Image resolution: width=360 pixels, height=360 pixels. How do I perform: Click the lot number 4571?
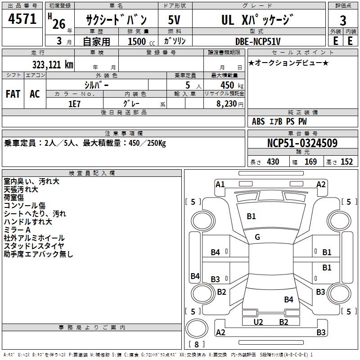pos(22,19)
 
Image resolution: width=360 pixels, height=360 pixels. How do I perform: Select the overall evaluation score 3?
pos(343,20)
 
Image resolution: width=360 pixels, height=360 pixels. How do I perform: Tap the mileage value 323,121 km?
pos(53,64)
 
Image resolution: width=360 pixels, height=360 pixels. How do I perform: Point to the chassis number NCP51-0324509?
pos(302,144)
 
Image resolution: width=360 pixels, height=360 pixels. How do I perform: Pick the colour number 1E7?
pos(74,103)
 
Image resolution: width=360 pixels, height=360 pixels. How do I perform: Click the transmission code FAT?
pos(13,94)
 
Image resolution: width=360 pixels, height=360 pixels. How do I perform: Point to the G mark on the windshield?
pos(257,237)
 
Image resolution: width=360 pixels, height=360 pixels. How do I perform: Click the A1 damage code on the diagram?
pos(220,184)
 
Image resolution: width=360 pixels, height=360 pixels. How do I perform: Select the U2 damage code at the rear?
pos(258,322)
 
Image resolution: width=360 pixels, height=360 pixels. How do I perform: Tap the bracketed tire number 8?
pos(197,344)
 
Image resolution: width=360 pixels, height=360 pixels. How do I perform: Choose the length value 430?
pos(273,162)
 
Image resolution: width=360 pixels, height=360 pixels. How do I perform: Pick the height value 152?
pos(346,162)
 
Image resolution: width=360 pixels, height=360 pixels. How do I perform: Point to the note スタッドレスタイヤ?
pos(34,246)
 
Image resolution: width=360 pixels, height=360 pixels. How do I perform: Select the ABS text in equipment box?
pos(258,121)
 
